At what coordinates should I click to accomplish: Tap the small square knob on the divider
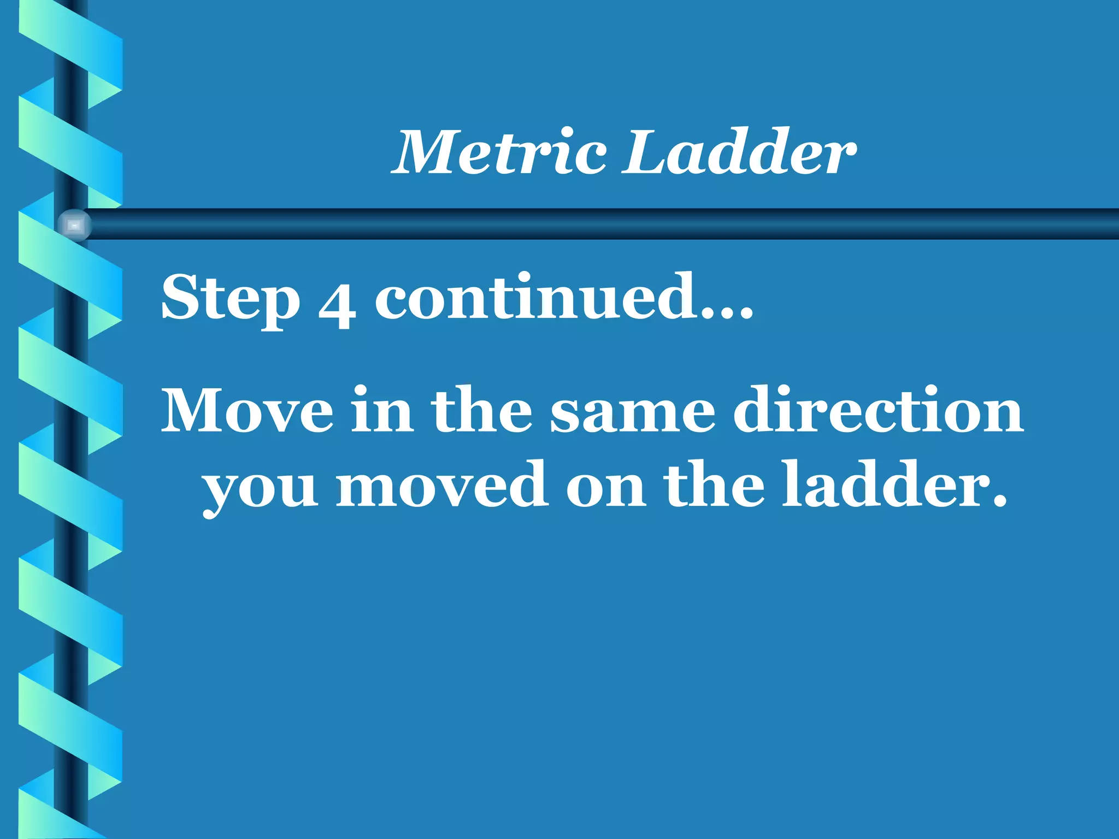pos(75,225)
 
